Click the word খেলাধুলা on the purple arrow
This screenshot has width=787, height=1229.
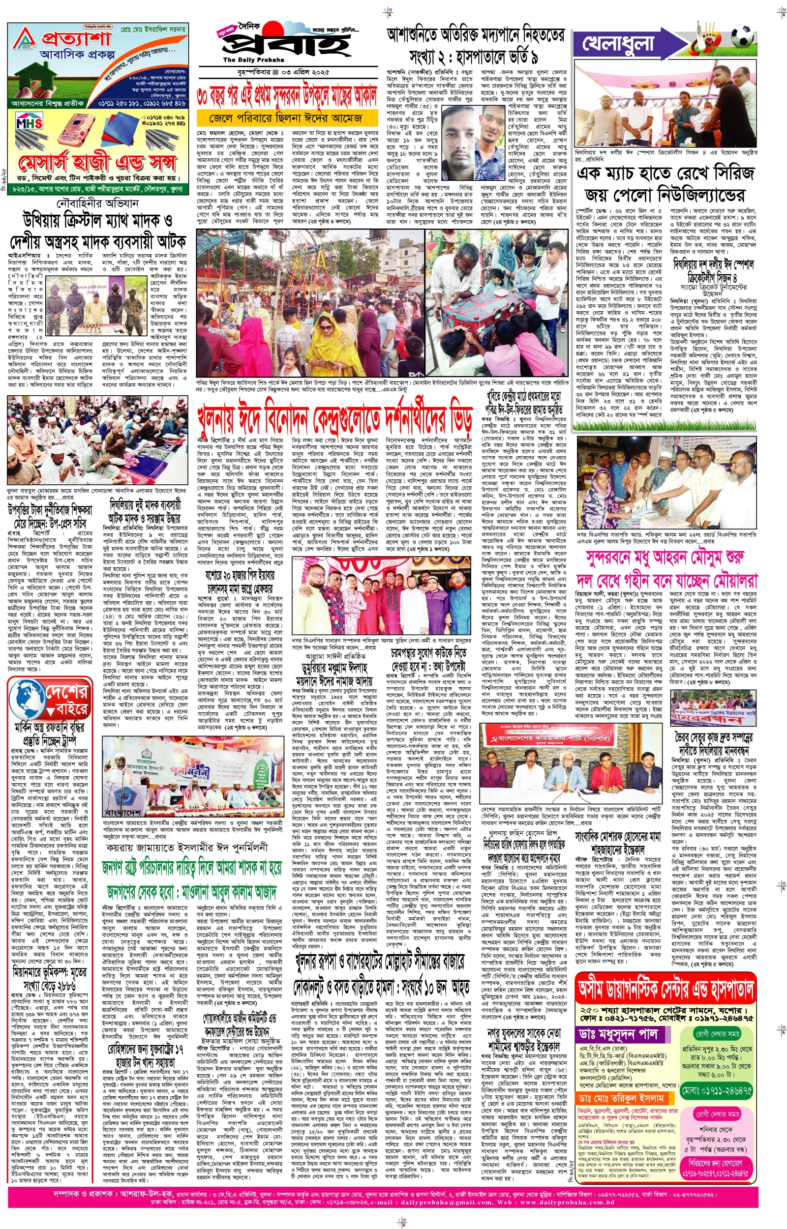pyautogui.click(x=619, y=44)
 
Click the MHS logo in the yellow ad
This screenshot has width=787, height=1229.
pyautogui.click(x=29, y=123)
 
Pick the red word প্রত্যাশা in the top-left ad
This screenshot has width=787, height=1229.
pyautogui.click(x=77, y=40)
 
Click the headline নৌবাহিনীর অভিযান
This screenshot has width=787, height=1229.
pyautogui.click(x=97, y=203)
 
